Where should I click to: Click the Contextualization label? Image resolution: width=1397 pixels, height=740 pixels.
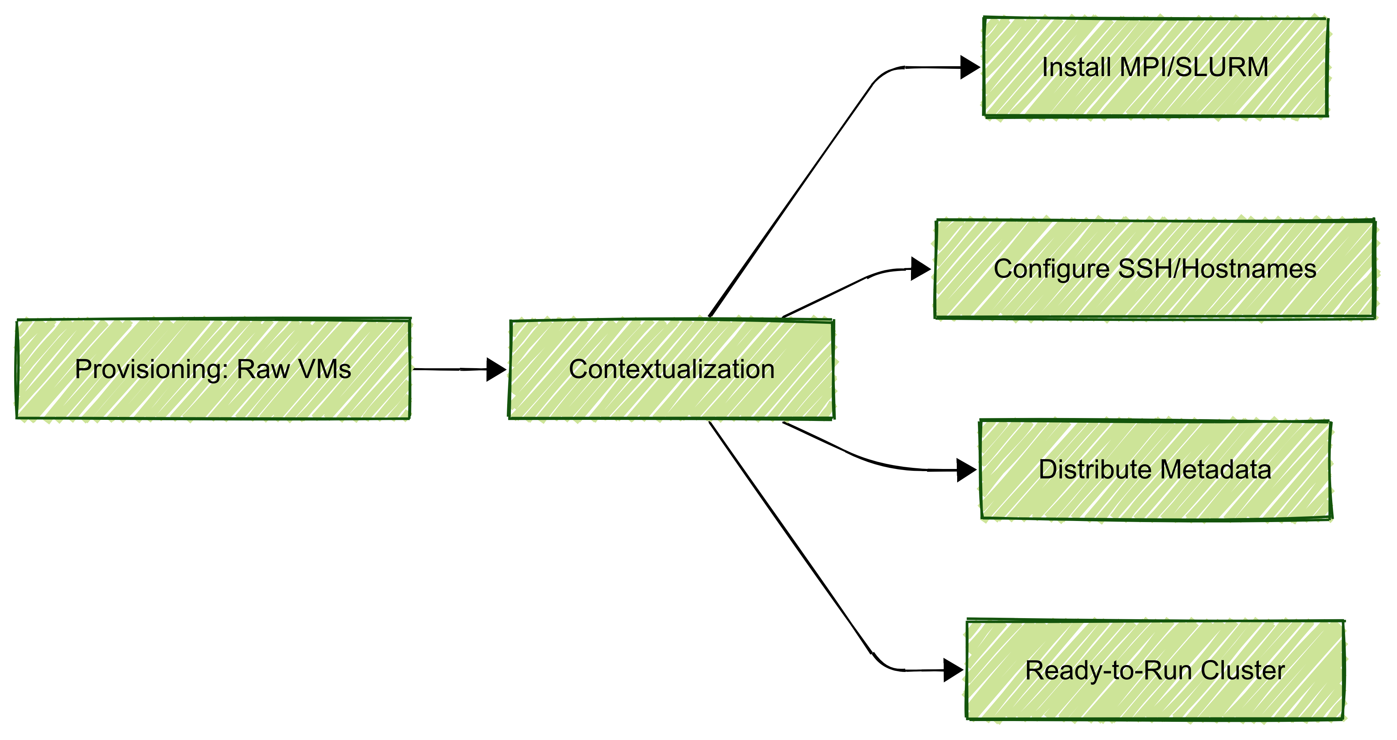tap(671, 370)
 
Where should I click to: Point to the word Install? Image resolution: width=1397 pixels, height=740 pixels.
tap(1076, 68)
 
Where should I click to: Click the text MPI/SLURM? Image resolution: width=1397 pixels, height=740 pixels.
tap(1194, 68)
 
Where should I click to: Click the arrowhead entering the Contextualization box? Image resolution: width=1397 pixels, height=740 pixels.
tap(495, 370)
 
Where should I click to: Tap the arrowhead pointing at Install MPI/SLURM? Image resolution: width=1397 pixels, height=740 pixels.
tap(969, 68)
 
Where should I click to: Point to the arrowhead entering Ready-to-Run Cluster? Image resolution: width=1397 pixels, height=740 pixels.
tap(953, 671)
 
